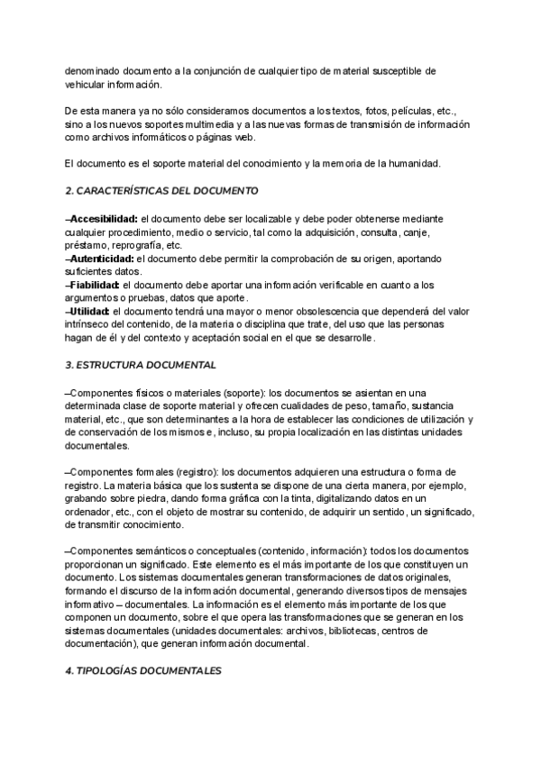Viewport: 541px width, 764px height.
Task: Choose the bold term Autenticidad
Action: click(101, 258)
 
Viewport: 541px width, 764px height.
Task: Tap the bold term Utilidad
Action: click(89, 312)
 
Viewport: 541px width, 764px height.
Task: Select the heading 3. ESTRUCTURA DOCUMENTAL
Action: click(140, 366)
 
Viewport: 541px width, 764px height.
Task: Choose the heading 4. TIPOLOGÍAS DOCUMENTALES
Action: click(142, 671)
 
